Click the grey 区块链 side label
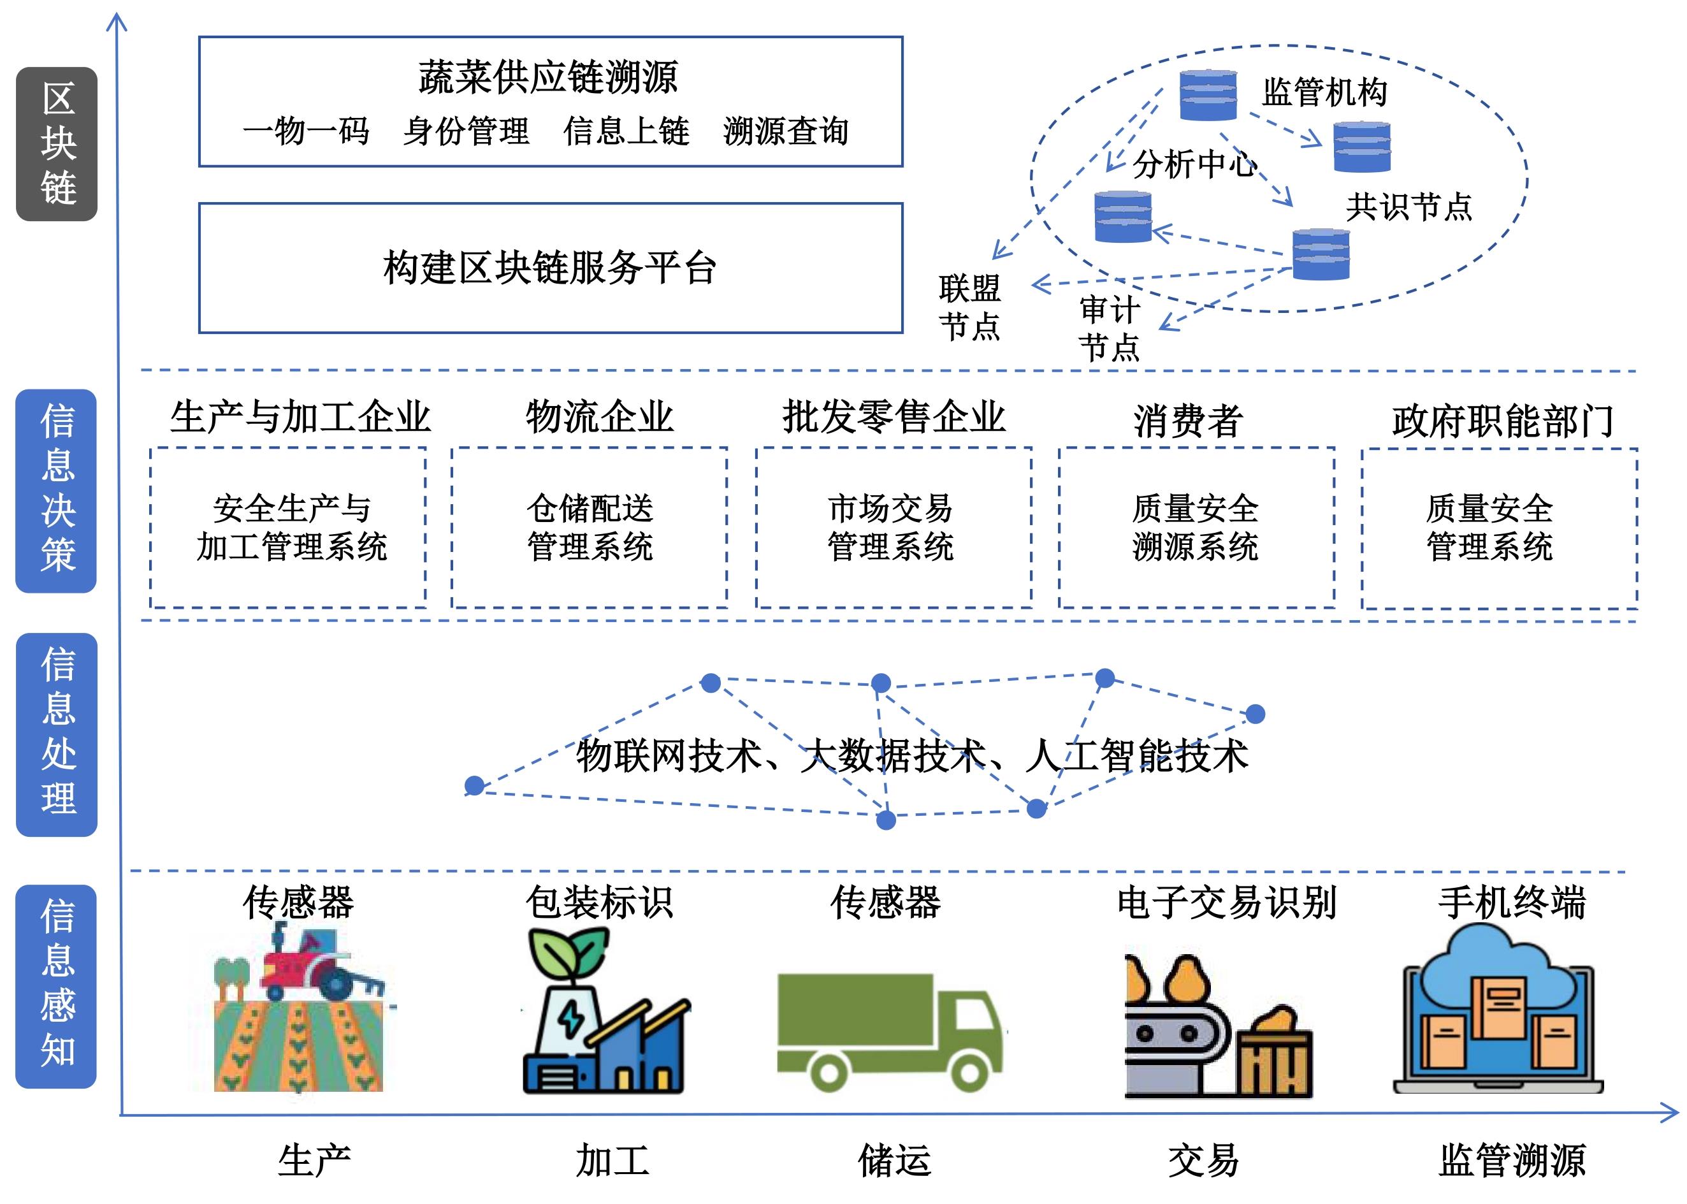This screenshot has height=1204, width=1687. pos(57,144)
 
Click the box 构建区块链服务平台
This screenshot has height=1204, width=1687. pos(550,268)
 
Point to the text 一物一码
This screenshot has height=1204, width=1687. pos(305,131)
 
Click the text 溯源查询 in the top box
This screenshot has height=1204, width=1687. pos(786,131)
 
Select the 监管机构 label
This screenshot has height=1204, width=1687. pos(1324,92)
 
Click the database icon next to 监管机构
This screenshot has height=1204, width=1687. pos(1208,95)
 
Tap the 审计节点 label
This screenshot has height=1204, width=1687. pos(1109,328)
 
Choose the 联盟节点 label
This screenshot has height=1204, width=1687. pos(969,307)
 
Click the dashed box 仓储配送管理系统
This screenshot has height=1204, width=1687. pos(590,527)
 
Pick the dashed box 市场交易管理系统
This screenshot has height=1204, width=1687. pos(893,527)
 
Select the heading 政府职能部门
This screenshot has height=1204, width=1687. pos(1502,421)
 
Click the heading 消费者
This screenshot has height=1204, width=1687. pos(1187,421)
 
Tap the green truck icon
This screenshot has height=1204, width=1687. pos(890,1031)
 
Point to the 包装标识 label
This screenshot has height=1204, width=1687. pos(599,903)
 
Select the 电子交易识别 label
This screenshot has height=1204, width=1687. pos(1227,903)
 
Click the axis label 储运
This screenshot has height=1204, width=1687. pos(895,1160)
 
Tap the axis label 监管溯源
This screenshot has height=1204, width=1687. pos(1512,1160)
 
